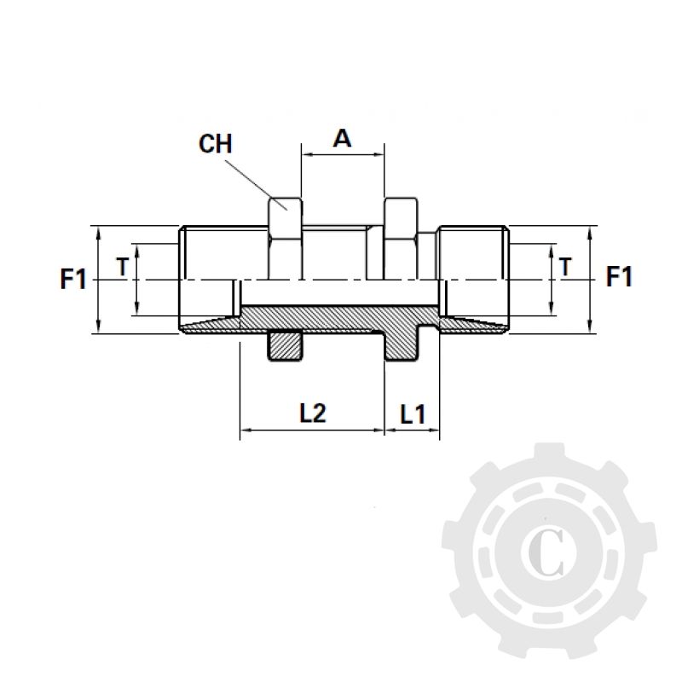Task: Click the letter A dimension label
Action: pyautogui.click(x=341, y=137)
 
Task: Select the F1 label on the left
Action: pyautogui.click(x=73, y=278)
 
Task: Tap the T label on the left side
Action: pyautogui.click(x=122, y=267)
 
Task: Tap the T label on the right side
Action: pyautogui.click(x=565, y=267)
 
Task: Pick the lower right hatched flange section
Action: pyautogui.click(x=400, y=345)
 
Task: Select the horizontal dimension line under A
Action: pyautogui.click(x=342, y=155)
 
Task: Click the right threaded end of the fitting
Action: pyautogui.click(x=473, y=256)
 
